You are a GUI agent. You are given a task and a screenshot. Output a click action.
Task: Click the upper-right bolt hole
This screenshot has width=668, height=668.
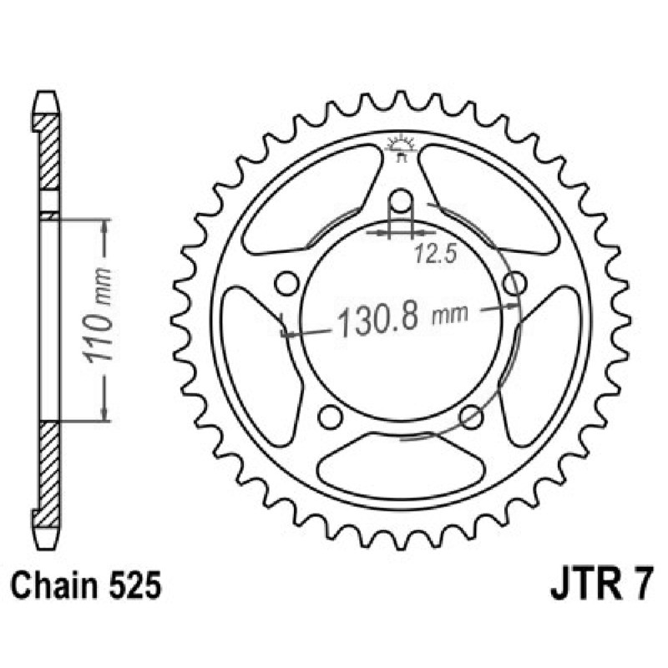[514, 283]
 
